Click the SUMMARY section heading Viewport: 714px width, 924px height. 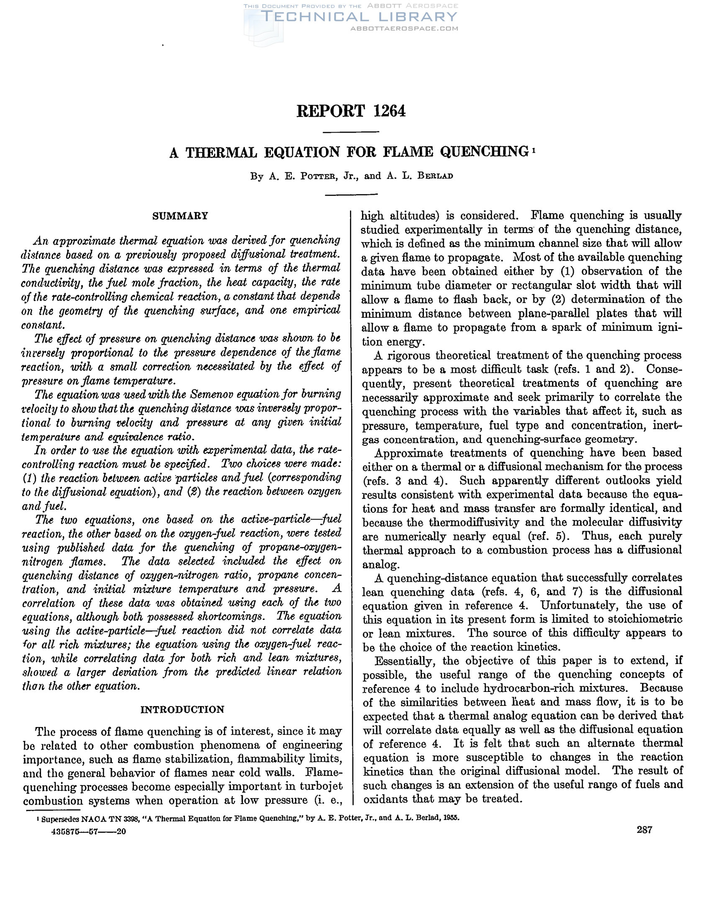pos(180,216)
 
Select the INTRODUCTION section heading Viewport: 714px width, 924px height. pos(182,710)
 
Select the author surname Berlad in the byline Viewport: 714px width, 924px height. pos(435,177)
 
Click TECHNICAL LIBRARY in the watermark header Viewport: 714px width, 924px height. pos(360,17)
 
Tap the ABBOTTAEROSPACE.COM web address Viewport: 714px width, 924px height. pos(404,29)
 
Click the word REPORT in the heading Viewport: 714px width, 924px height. pos(330,111)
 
